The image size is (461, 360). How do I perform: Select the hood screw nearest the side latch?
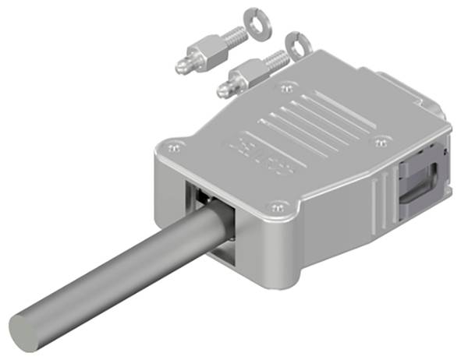[381, 141]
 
